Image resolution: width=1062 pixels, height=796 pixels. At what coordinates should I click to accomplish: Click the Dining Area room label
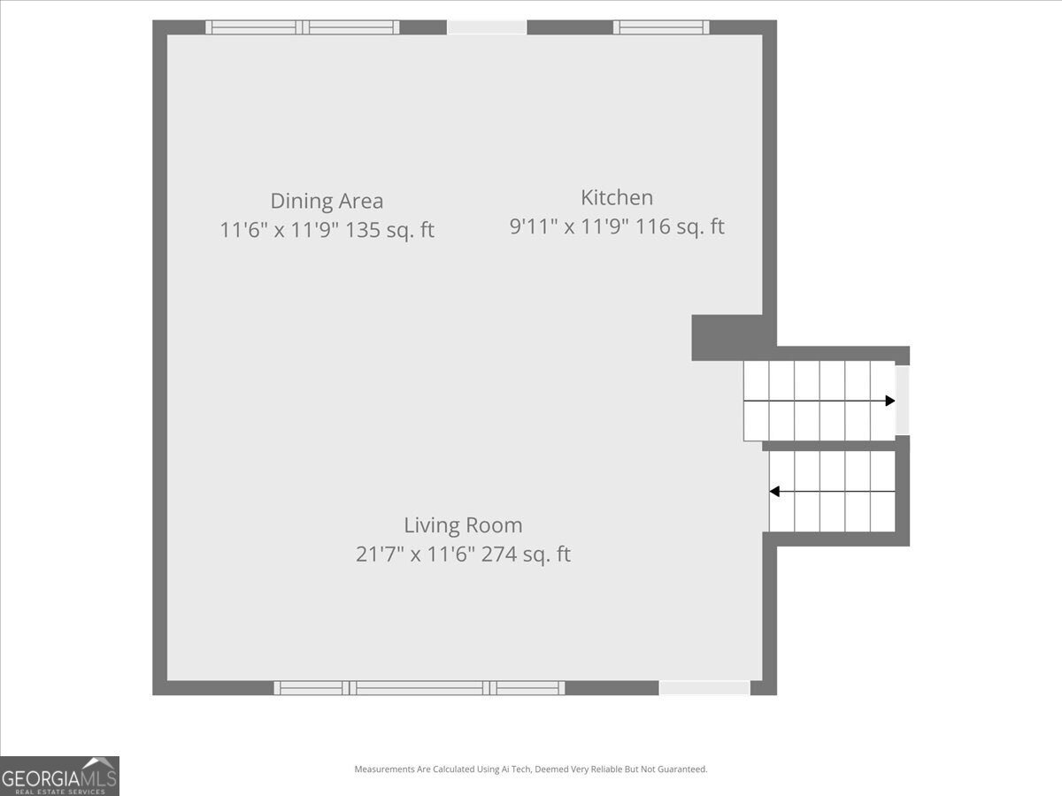327,201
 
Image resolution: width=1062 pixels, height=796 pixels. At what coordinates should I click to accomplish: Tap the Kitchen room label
617,197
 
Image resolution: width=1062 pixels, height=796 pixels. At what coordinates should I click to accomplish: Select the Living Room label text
463,525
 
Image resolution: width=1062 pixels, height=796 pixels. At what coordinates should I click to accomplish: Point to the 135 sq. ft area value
389,230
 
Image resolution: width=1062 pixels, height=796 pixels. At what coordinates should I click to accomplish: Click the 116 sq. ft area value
680,226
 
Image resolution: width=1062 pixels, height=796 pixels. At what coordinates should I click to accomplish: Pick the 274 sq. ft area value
526,554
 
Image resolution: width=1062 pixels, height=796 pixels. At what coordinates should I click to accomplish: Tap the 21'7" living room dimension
380,554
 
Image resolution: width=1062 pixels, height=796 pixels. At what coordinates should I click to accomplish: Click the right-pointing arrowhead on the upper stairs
889,401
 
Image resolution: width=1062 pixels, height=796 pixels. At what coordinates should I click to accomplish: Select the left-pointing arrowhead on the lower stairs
774,492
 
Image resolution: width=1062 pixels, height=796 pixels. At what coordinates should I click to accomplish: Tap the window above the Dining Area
303,27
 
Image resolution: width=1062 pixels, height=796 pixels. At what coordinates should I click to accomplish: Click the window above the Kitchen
661,27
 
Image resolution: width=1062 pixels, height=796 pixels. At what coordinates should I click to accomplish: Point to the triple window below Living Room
419,688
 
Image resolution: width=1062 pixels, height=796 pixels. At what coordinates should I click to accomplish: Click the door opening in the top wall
487,27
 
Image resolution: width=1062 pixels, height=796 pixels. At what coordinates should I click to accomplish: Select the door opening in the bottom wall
704,688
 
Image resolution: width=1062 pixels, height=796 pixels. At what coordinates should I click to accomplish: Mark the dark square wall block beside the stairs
727,338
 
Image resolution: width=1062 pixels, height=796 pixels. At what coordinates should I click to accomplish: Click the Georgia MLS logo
59,777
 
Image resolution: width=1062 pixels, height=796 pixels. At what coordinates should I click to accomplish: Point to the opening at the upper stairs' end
903,400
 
